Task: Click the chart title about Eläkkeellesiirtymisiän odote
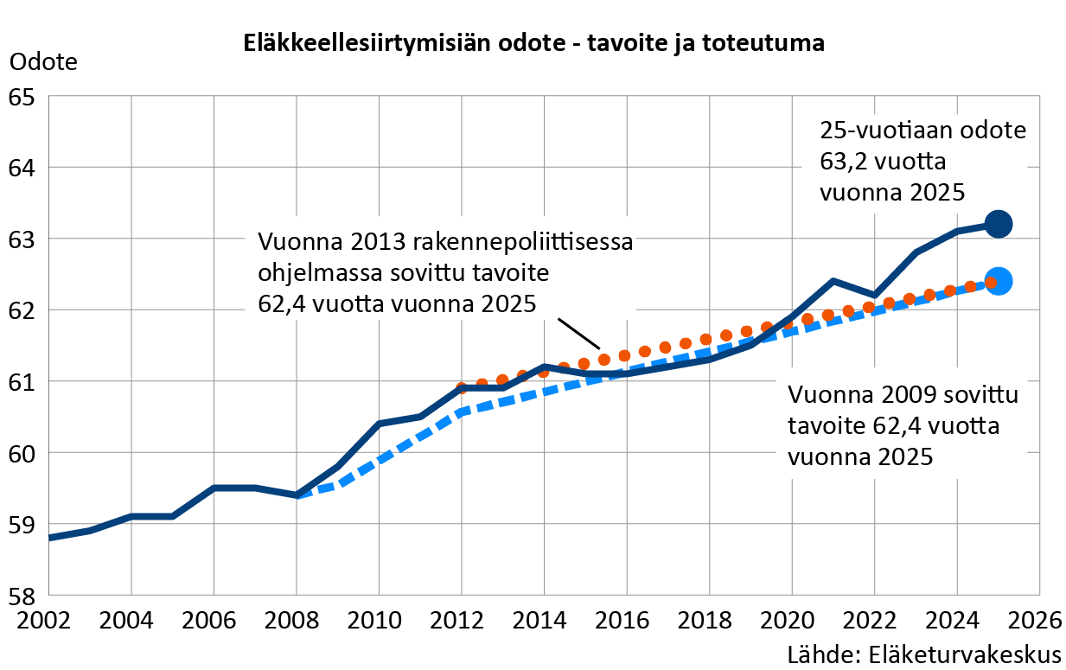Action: pyautogui.click(x=533, y=43)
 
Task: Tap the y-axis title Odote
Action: pyautogui.click(x=43, y=62)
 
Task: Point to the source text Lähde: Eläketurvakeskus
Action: pyautogui.click(x=924, y=653)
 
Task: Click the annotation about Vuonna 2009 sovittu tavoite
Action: pyautogui.click(x=903, y=426)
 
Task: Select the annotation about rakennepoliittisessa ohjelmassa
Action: pyautogui.click(x=444, y=272)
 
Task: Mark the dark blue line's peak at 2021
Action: pyautogui.click(x=832, y=281)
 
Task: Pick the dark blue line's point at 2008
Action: pyautogui.click(x=297, y=495)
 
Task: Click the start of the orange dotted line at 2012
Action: pyautogui.click(x=462, y=388)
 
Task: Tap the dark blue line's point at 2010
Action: pyautogui.click(x=379, y=424)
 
